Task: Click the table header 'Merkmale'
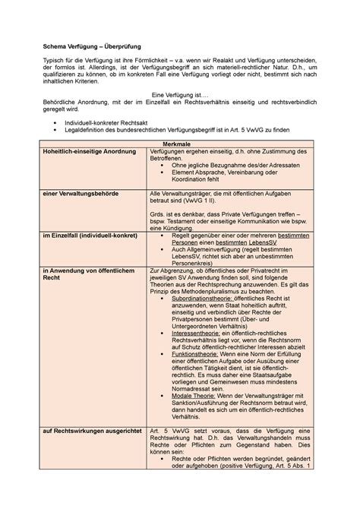(x=179, y=144)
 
